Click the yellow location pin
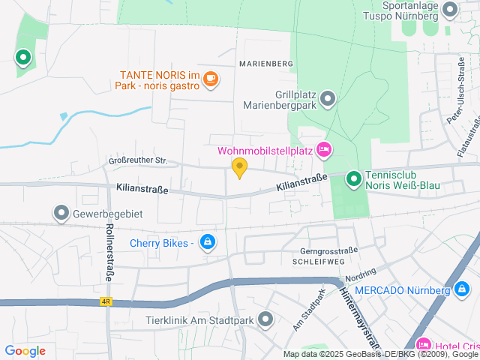(239, 167)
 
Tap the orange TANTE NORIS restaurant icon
(211, 77)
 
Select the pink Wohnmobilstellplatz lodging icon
(324, 150)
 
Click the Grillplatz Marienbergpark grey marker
(327, 98)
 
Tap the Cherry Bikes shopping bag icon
(208, 241)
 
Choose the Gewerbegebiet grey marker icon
(61, 214)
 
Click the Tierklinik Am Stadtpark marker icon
(265, 320)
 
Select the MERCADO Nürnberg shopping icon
(461, 289)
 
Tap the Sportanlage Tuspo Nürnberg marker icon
(450, 10)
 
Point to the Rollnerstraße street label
(109, 252)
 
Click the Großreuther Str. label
(138, 160)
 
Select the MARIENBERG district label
(265, 64)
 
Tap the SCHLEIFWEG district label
(319, 261)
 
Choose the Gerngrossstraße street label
(328, 250)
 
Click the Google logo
(25, 351)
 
